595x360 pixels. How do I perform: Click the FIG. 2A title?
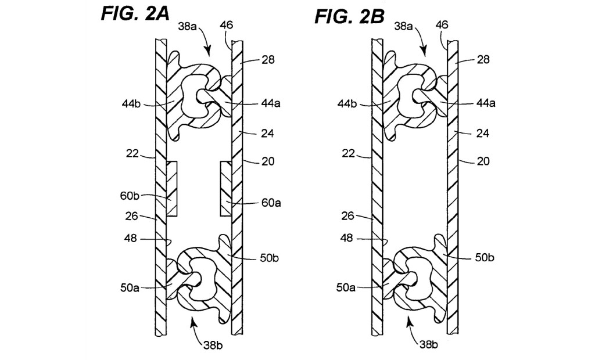click(x=135, y=13)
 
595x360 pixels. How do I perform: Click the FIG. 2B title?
click(x=349, y=16)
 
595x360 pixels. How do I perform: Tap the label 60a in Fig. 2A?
click(x=271, y=203)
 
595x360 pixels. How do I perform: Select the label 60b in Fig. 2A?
click(x=130, y=196)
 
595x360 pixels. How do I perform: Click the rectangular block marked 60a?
click(x=226, y=189)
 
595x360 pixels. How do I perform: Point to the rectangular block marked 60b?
click(x=171, y=189)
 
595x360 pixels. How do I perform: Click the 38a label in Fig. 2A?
click(x=188, y=27)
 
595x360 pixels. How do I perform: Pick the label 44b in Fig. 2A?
click(x=131, y=103)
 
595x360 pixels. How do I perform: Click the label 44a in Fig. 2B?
click(x=486, y=103)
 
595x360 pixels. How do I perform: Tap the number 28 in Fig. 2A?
click(x=268, y=60)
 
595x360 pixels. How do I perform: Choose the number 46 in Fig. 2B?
click(x=442, y=24)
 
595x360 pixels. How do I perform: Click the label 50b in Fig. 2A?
click(x=270, y=258)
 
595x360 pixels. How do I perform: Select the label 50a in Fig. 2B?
click(x=346, y=287)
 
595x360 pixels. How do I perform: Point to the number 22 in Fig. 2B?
click(x=348, y=154)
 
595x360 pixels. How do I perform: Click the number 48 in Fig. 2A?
click(x=131, y=239)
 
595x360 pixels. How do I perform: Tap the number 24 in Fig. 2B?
click(x=483, y=133)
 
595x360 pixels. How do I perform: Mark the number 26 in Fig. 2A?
click(x=132, y=216)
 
